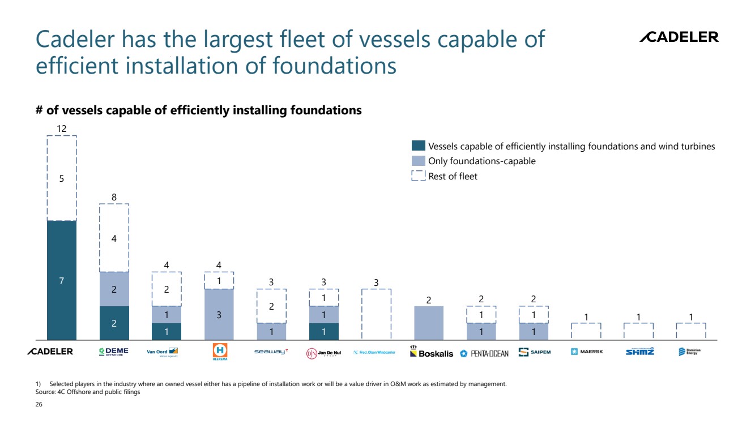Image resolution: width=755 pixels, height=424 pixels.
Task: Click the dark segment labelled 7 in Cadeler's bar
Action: [x=61, y=280]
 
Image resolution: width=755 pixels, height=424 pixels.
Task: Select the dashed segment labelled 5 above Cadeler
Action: [x=61, y=178]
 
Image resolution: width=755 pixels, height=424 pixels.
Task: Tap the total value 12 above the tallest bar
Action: [x=61, y=129]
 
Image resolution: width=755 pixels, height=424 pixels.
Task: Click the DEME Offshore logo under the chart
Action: [x=113, y=352]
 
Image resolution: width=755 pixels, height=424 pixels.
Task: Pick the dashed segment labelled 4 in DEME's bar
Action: [x=114, y=238]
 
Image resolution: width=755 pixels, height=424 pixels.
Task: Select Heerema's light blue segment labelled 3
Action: [x=219, y=314]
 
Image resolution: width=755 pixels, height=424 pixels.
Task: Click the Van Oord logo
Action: [x=163, y=352]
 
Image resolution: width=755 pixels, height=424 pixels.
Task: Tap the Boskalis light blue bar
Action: [x=429, y=323]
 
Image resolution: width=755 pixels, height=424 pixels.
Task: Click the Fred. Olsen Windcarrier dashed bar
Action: [x=376, y=314]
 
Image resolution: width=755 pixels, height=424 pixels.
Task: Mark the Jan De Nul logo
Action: [x=324, y=352]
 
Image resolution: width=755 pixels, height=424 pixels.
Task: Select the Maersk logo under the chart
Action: [x=587, y=352]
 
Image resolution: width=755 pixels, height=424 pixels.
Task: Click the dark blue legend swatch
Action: [x=418, y=146]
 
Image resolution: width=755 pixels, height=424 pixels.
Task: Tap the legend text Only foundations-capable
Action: [x=481, y=161]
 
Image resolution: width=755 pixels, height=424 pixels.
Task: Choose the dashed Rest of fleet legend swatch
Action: [x=418, y=176]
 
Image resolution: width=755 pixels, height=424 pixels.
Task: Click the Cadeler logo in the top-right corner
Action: [x=679, y=37]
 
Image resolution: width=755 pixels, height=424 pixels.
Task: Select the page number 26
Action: [x=39, y=405]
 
